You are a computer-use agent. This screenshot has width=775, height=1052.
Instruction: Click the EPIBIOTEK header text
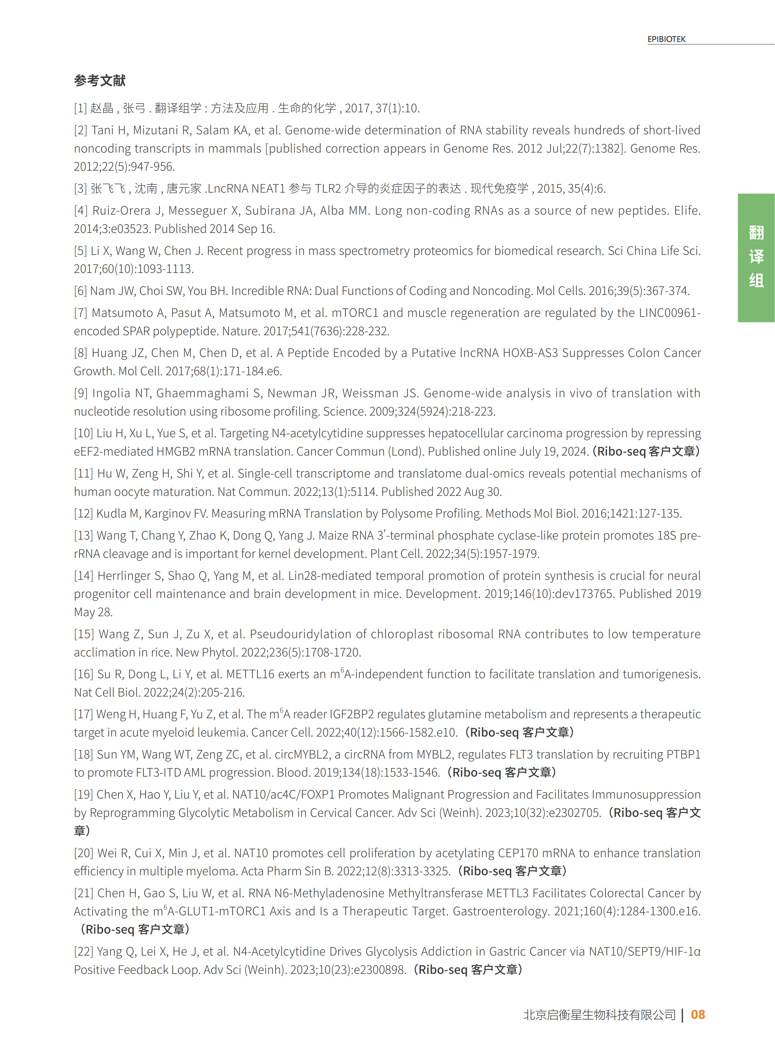point(666,39)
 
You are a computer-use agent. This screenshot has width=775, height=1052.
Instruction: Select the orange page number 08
point(698,1014)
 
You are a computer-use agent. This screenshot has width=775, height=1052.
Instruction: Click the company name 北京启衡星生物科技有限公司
point(599,1015)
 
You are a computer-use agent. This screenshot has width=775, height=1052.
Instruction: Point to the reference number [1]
point(80,108)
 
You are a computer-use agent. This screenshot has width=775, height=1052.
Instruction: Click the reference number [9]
point(81,393)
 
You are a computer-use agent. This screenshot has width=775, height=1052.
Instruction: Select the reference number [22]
point(83,952)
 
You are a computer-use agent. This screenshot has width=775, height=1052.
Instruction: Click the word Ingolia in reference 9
point(111,393)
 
